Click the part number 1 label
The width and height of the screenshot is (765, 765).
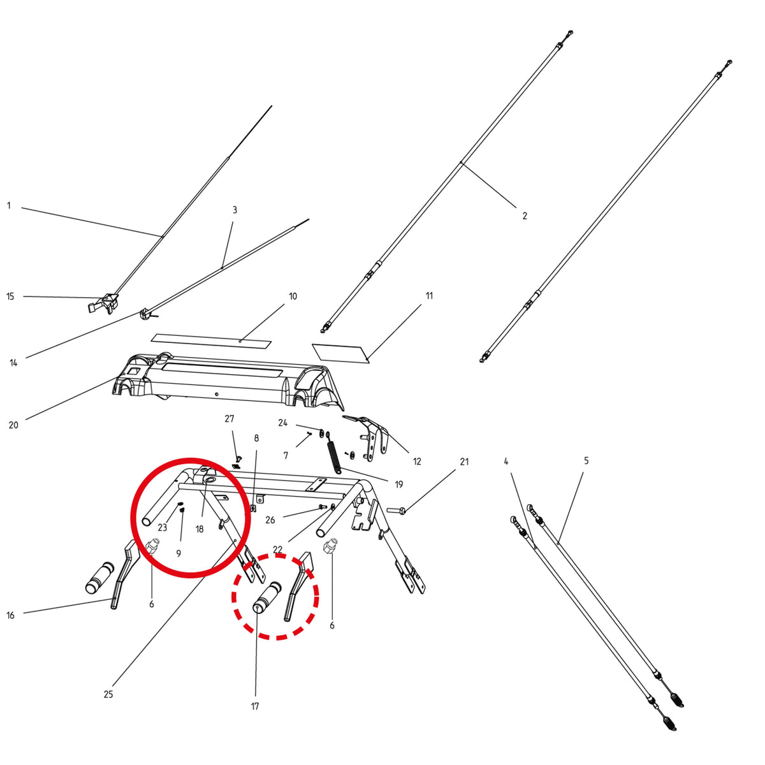tap(9, 206)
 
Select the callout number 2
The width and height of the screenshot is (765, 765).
tap(525, 215)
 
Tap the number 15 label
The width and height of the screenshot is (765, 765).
tap(10, 296)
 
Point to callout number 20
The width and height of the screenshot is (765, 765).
tap(13, 425)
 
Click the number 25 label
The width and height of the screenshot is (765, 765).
tap(108, 694)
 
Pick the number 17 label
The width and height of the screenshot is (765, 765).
tap(255, 706)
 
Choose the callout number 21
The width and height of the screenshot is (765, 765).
tap(465, 462)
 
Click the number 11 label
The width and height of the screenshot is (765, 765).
tap(429, 296)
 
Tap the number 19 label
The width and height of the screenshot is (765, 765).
tap(399, 484)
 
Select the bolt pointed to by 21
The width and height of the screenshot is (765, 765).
tap(396, 510)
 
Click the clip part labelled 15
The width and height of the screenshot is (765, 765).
tap(103, 304)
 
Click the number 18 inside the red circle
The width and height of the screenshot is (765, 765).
tap(200, 528)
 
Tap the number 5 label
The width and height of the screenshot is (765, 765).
tap(586, 461)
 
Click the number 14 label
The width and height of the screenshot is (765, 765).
tap(13, 363)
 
